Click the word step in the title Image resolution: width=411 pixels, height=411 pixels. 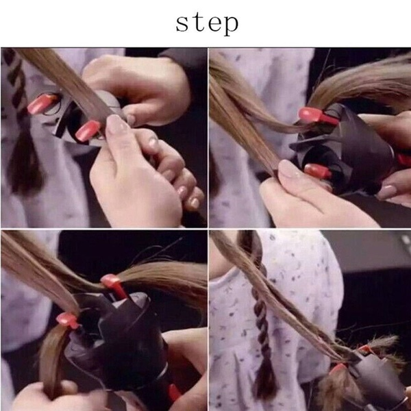[206, 22]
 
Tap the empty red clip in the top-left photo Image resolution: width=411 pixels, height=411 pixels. [41, 104]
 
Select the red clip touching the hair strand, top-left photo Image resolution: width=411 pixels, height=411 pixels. [88, 130]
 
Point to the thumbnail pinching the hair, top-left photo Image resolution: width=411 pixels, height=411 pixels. [118, 124]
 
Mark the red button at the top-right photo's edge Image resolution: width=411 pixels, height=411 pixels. [403, 160]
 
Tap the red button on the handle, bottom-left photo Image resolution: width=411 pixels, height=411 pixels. [175, 393]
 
